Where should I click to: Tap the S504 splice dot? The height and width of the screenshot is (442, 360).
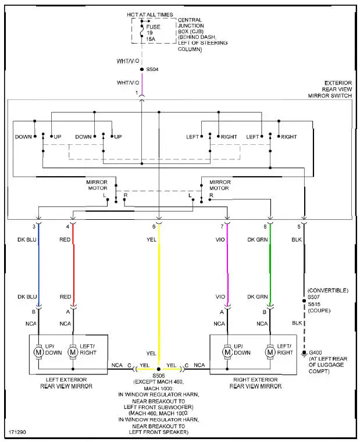[x=142, y=69]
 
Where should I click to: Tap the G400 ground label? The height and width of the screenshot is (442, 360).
[x=316, y=353]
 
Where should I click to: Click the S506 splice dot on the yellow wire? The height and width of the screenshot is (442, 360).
[x=158, y=369]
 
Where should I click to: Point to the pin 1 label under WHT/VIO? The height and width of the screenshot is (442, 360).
[x=136, y=93]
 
